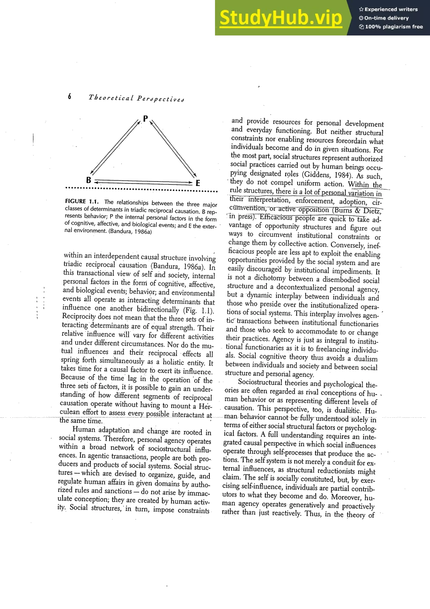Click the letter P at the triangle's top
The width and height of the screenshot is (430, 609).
pos(145,119)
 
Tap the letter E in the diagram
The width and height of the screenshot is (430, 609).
pos(198,183)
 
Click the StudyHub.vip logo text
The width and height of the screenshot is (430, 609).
pos(281,18)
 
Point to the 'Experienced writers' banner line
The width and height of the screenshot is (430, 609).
pos(388,9)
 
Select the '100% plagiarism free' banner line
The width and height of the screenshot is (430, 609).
pos(391,26)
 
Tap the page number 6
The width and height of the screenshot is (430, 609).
pos(69,96)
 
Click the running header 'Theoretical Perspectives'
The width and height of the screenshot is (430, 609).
pos(136,98)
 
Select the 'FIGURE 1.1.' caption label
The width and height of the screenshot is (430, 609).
pos(81,201)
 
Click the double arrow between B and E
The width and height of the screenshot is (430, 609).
pos(143,182)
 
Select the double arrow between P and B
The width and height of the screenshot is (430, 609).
pos(115,147)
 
